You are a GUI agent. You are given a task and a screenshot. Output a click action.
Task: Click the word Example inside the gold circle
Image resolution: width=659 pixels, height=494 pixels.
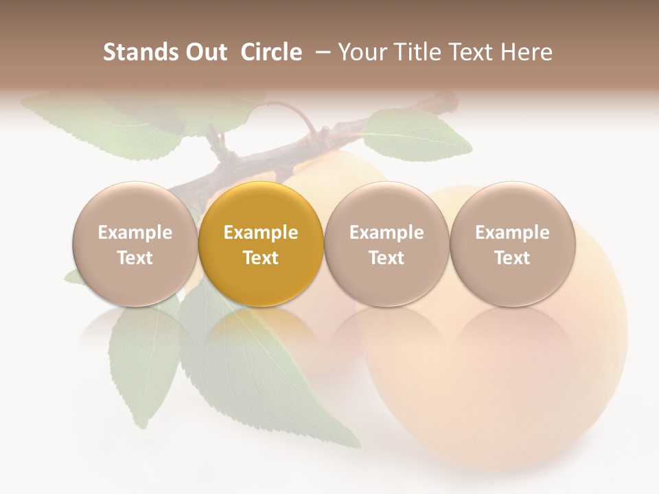261,233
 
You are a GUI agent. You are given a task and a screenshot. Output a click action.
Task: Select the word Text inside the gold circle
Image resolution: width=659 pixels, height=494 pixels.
261,258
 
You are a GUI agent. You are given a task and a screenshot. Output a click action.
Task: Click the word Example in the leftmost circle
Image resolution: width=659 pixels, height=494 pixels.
135,233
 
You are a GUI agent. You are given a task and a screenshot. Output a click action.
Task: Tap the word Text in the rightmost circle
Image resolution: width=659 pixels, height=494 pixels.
512,258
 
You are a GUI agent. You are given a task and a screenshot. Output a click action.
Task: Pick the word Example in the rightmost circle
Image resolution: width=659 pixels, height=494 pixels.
512,233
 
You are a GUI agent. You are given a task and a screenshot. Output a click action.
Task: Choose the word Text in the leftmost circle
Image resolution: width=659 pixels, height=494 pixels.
135,258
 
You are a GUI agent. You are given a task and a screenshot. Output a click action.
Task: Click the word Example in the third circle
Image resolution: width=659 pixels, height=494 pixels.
386,233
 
